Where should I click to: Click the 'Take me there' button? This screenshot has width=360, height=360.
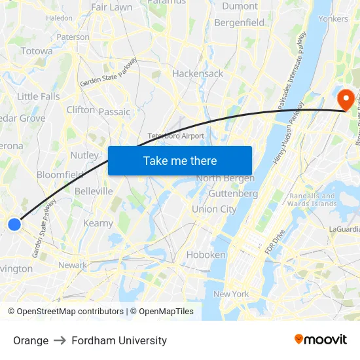coord(180,161)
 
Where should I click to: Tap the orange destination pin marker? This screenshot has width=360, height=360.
coord(344,100)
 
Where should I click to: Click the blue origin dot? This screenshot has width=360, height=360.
coord(14,225)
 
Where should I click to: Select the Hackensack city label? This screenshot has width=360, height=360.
coord(198,74)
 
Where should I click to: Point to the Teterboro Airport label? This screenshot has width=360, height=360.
coord(176,136)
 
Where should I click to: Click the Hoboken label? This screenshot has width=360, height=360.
coord(206,255)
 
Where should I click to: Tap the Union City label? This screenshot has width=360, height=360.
coord(214,209)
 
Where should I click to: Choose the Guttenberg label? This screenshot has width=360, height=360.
coord(233,194)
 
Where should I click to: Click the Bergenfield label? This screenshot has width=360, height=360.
coord(240,23)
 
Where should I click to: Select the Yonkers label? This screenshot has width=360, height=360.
coord(333,19)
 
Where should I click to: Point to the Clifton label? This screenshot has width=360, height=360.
coord(81,110)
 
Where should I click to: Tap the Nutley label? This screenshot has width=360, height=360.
coord(84,156)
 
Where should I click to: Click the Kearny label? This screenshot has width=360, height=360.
coord(98,223)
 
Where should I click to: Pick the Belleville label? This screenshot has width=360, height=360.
coord(94,191)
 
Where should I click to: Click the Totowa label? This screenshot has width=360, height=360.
coord(37,51)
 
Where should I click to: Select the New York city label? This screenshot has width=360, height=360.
coord(231,294)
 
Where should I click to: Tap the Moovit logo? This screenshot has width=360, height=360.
coord(321,340)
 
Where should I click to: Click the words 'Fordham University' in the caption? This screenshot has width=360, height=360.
coord(119,340)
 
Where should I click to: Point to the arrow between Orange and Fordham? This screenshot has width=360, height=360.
coord(60,340)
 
